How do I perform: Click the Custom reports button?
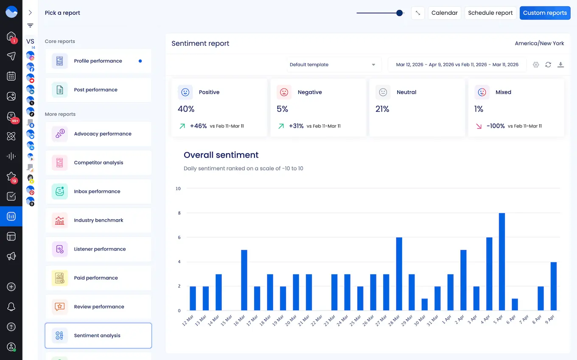tap(545, 13)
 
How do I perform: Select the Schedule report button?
tap(490, 13)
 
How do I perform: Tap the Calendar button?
tap(444, 13)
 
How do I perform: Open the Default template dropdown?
tap(333, 65)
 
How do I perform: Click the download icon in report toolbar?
tap(560, 65)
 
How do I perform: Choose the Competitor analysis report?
tap(98, 163)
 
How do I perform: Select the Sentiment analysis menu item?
tap(98, 336)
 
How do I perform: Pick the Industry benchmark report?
tap(98, 220)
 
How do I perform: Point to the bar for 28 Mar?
tap(399, 274)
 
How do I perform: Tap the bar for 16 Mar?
tap(244, 280)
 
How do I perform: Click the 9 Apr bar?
tap(553, 286)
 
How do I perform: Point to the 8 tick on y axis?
tap(179, 213)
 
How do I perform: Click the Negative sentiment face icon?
tap(284, 92)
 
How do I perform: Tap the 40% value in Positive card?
tap(186, 109)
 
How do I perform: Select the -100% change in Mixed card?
tap(495, 126)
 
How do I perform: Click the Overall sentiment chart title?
tap(221, 155)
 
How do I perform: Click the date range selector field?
tap(457, 65)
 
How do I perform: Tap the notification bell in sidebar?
tap(11, 307)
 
